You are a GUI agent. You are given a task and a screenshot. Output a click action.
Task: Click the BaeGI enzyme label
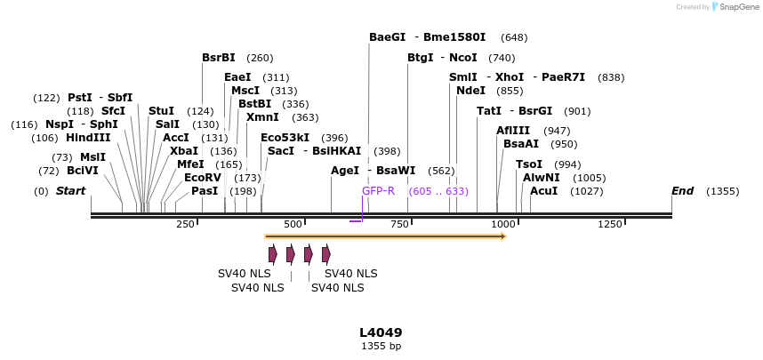(x=387, y=37)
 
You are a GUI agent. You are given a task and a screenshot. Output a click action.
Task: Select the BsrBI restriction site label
(x=218, y=58)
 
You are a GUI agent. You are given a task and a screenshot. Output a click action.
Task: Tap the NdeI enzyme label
(x=470, y=91)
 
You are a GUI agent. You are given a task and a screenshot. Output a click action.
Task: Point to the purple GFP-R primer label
(x=378, y=191)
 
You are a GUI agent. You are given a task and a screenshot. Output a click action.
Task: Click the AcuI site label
(x=543, y=191)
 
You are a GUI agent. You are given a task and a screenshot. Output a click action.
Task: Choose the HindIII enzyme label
(x=88, y=138)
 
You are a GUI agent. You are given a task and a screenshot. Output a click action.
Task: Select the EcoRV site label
(x=202, y=178)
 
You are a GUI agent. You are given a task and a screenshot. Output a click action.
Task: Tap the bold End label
(x=682, y=191)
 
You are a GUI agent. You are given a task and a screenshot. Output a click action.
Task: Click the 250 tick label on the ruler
(x=185, y=224)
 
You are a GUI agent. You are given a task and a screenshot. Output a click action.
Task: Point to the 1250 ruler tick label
(x=610, y=224)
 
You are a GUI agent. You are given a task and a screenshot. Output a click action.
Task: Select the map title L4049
(x=381, y=332)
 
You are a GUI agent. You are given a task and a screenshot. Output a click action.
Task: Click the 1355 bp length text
(x=381, y=346)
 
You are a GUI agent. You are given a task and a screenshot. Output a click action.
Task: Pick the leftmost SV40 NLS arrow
(x=273, y=254)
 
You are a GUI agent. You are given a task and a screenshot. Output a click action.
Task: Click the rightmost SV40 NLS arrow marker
(x=326, y=254)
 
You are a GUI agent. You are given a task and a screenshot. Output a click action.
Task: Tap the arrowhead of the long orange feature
(x=503, y=236)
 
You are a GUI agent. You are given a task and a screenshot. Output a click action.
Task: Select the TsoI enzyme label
(x=529, y=164)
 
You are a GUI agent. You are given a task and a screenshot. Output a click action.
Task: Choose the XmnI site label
(x=262, y=117)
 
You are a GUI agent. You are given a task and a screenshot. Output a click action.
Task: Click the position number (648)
(x=514, y=38)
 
